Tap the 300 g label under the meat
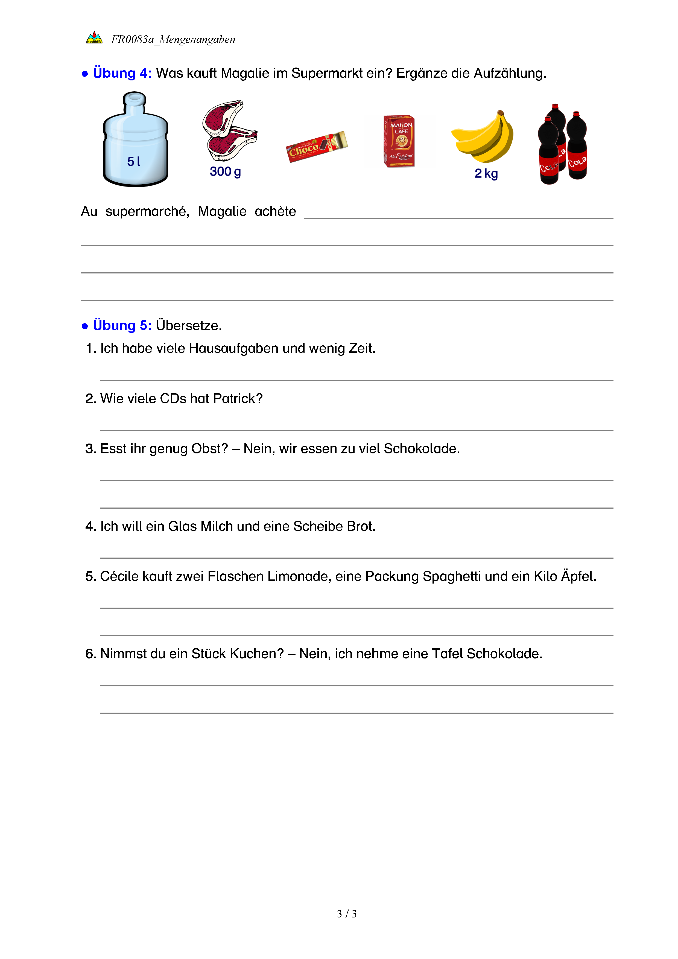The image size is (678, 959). point(225,172)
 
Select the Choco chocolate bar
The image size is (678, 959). point(317,146)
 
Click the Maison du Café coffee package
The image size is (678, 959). point(399,141)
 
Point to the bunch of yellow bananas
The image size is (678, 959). point(484,136)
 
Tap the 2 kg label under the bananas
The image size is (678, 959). point(486,173)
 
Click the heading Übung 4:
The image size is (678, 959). point(122,73)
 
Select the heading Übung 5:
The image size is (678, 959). point(122,325)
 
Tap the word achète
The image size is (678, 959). point(275,211)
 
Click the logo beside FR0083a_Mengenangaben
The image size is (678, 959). point(94,37)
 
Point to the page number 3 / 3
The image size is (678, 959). point(346,914)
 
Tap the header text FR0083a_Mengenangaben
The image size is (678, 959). point(173,39)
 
